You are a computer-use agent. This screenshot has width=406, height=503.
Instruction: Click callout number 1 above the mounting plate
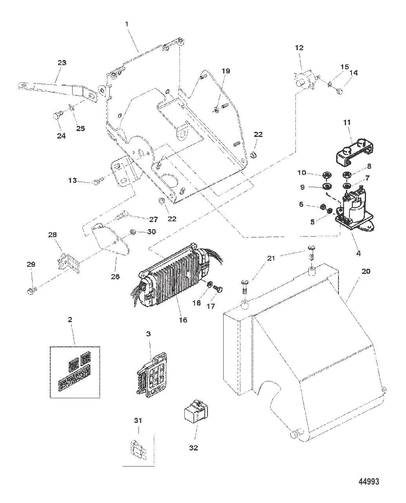(127, 24)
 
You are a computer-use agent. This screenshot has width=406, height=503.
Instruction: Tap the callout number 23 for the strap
(62, 62)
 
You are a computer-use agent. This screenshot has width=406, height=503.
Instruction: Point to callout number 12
(299, 48)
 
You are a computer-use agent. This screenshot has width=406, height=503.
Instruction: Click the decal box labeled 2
(75, 372)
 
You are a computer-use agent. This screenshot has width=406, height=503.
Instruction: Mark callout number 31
(138, 421)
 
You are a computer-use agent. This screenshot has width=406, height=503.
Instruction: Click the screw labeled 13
(98, 181)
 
